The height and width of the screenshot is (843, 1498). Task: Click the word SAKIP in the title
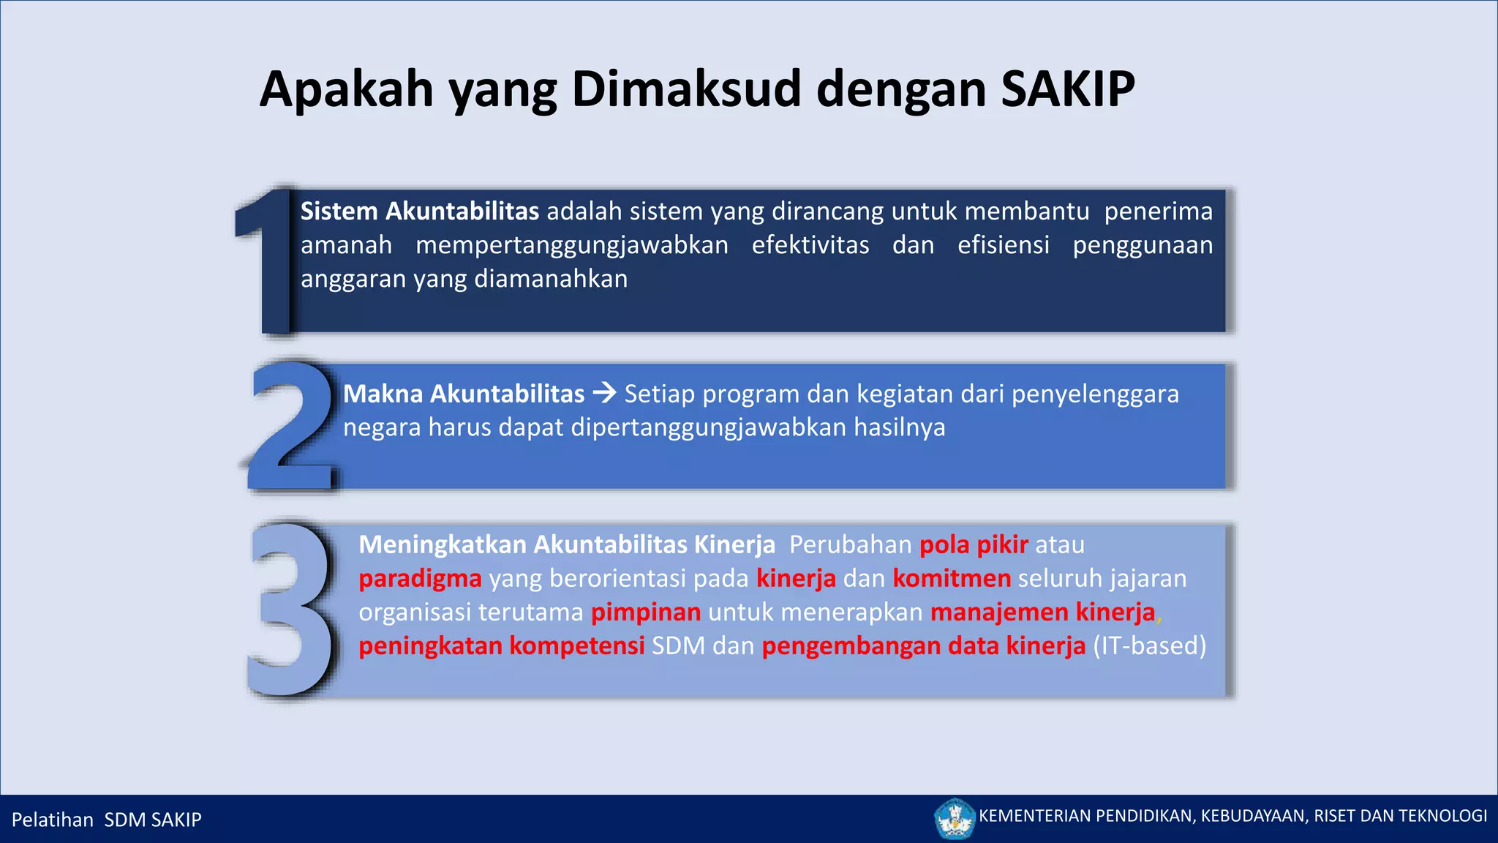click(x=1067, y=89)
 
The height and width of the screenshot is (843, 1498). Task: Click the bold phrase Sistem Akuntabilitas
click(x=419, y=211)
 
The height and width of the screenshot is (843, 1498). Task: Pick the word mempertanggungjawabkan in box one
click(x=571, y=245)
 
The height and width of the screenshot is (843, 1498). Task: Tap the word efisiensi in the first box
click(x=1003, y=245)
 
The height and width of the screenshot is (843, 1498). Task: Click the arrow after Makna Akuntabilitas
click(x=604, y=394)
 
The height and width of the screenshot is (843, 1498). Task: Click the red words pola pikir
click(x=973, y=545)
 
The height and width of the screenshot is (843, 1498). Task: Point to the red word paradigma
click(x=420, y=579)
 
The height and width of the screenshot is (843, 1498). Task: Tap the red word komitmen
click(x=951, y=579)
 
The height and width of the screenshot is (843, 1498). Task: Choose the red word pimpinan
click(x=645, y=612)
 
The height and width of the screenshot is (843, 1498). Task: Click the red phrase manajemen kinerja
click(x=1042, y=612)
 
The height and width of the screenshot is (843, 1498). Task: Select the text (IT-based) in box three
click(x=1149, y=646)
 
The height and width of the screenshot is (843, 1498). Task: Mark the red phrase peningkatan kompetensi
click(x=501, y=646)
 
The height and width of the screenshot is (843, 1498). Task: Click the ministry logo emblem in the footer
click(x=955, y=818)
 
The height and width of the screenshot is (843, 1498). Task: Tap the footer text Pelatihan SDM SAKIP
click(x=107, y=820)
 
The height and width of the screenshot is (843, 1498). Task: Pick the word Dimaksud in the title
click(x=686, y=89)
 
